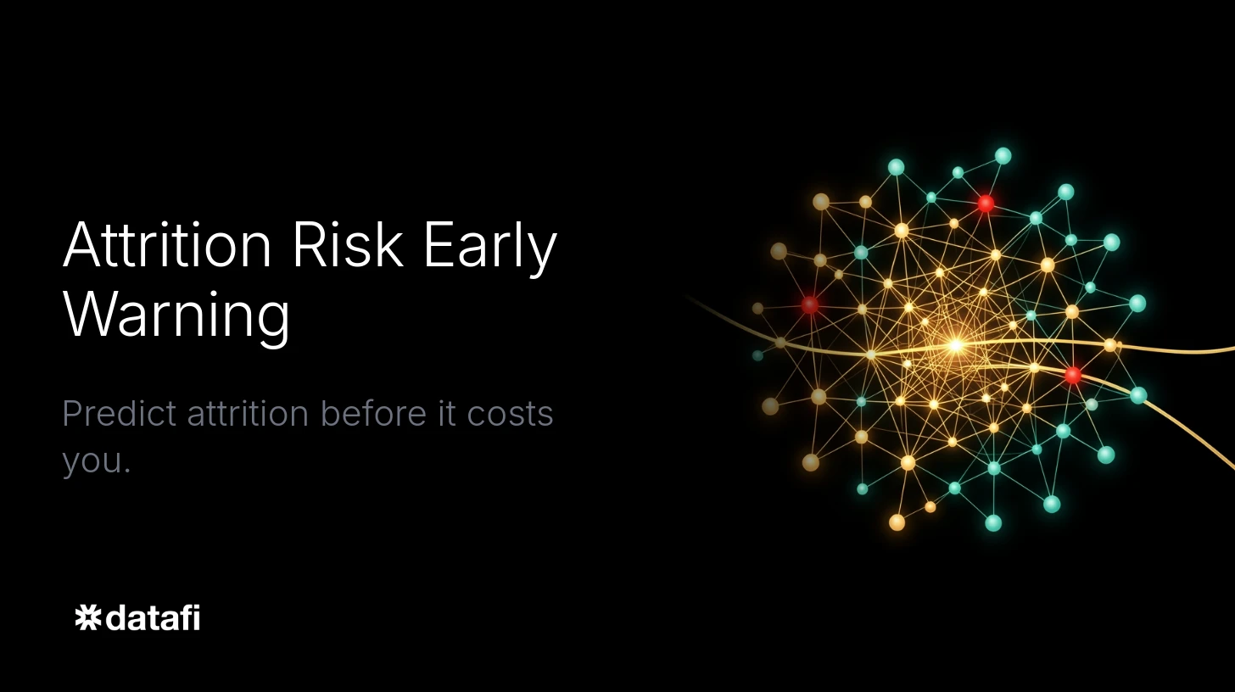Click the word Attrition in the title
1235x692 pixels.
[x=167, y=246]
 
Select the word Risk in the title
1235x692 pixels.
[x=347, y=246]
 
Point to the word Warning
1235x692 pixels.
[x=176, y=315]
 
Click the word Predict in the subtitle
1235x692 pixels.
[x=118, y=414]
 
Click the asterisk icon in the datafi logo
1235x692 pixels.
[x=87, y=617]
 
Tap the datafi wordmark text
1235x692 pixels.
[x=154, y=617]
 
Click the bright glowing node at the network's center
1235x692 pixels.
[x=956, y=345]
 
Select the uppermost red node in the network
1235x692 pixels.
[x=986, y=204]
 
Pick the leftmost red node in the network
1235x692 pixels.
[x=810, y=304]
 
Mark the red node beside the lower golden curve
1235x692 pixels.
[x=1073, y=375]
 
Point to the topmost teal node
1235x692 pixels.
[x=1003, y=156]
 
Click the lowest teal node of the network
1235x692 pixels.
[x=993, y=523]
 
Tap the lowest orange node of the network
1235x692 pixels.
[x=897, y=522]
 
